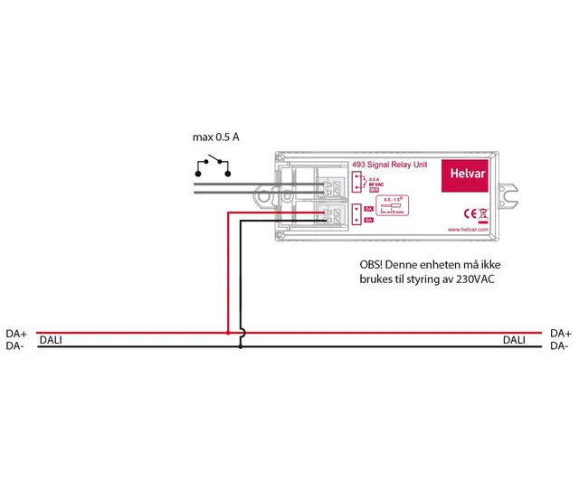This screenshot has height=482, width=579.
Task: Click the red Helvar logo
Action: (x=465, y=176)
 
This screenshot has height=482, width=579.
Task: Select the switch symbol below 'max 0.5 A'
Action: (x=214, y=166)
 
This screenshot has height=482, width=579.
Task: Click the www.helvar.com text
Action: (x=468, y=231)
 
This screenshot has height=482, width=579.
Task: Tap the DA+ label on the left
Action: (x=16, y=333)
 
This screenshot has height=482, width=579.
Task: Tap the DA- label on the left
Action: (x=15, y=345)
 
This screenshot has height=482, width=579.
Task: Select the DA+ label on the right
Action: (x=560, y=333)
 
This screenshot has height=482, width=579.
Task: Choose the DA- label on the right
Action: (x=559, y=345)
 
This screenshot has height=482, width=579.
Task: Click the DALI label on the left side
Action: (x=50, y=340)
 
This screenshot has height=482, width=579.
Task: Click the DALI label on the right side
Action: (x=514, y=340)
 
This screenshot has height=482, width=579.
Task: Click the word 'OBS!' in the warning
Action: (x=372, y=266)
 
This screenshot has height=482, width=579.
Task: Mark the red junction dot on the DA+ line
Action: (x=227, y=333)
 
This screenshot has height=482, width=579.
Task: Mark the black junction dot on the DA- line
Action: (x=240, y=345)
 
